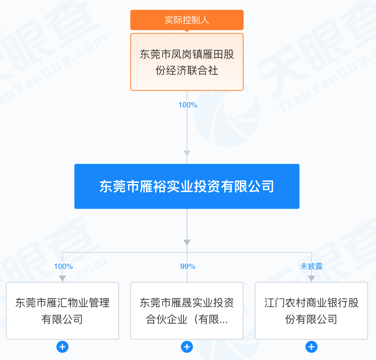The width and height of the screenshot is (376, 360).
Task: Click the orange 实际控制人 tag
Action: tap(187, 20)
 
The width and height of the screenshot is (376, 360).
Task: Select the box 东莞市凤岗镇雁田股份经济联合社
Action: tap(187, 62)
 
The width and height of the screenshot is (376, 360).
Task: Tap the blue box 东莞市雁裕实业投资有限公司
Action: tap(187, 186)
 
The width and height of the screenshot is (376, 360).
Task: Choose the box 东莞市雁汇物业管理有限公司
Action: tap(63, 311)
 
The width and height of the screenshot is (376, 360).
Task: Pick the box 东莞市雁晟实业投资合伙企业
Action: tap(187, 311)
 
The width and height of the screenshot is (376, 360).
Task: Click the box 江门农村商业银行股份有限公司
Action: tap(311, 311)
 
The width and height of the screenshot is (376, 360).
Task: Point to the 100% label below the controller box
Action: tap(188, 105)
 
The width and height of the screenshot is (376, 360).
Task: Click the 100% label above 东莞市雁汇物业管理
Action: tap(63, 267)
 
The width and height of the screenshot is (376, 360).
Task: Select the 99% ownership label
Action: tap(188, 267)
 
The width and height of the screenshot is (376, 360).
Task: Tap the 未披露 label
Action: tap(311, 267)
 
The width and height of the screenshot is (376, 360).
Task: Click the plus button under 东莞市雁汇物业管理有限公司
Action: tap(63, 347)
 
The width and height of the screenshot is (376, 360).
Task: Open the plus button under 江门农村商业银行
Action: tap(311, 347)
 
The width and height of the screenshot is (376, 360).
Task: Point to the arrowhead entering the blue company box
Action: tap(187, 153)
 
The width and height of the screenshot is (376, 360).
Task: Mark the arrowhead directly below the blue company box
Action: tap(187, 242)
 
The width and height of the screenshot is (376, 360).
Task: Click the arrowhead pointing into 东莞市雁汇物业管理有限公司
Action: tap(63, 278)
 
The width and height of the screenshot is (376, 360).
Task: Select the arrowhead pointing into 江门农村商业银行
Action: tap(311, 278)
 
